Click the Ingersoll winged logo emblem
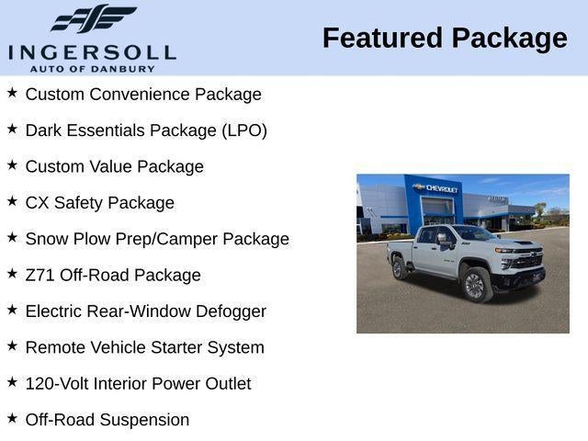(93, 18)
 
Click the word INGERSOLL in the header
(92, 51)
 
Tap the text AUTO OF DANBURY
(92, 68)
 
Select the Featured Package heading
(445, 38)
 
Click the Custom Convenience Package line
(143, 95)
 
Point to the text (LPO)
(244, 130)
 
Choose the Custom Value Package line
(115, 166)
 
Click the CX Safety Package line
(100, 203)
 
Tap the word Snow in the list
(46, 239)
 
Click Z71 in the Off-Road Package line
(40, 275)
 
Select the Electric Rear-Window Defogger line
(146, 311)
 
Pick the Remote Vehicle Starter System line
(145, 347)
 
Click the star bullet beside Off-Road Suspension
(12, 418)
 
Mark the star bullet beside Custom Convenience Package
(12, 93)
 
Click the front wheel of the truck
(474, 284)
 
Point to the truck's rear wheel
(400, 267)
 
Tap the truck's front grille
(526, 261)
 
